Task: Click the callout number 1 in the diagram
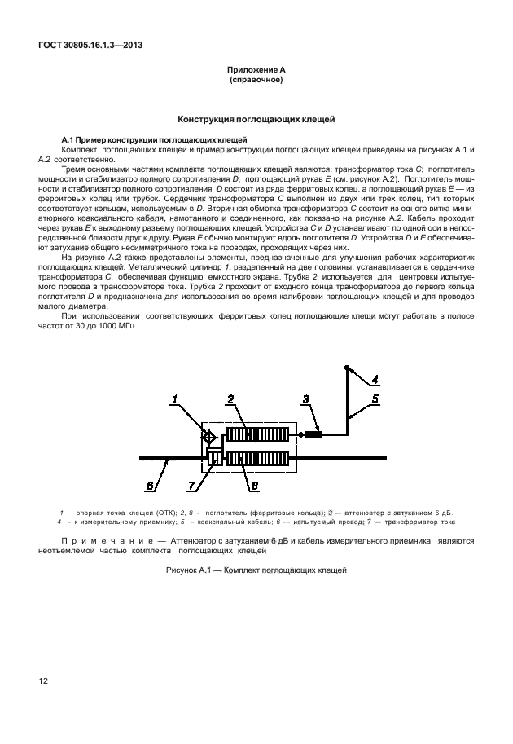tap(174, 398)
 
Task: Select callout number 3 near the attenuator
tap(305, 398)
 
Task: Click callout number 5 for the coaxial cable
tap(375, 398)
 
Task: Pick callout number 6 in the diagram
tap(150, 486)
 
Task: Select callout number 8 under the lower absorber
tap(254, 486)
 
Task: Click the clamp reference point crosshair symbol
tap(209, 438)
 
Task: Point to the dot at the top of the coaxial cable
tap(347, 368)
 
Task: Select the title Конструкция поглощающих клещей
tap(256, 120)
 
